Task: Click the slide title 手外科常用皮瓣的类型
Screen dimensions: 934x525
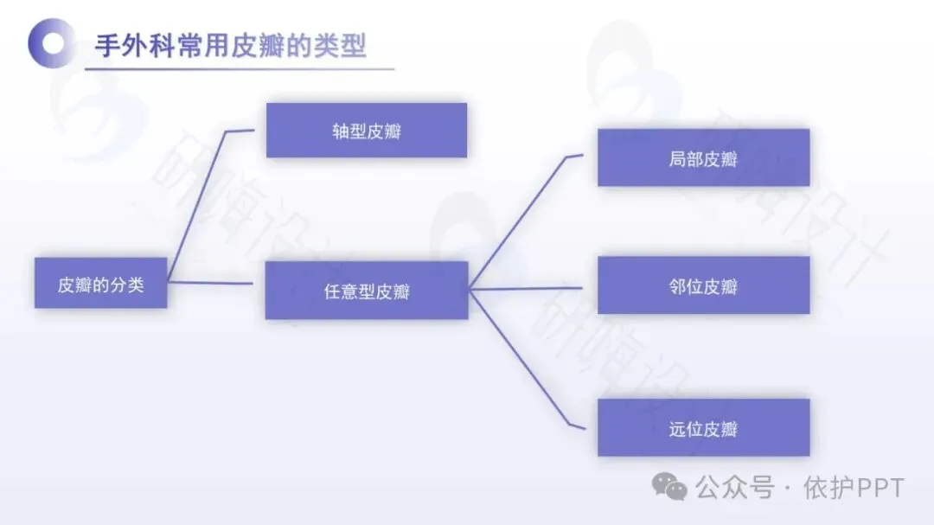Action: point(230,45)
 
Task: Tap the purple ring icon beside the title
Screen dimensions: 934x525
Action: point(51,43)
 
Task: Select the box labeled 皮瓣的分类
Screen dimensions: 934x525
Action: point(100,284)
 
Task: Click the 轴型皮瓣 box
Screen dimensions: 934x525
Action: point(367,131)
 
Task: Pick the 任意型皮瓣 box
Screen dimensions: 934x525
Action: point(367,291)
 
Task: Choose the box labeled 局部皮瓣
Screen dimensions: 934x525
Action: point(703,158)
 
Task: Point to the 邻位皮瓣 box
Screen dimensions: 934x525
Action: point(703,285)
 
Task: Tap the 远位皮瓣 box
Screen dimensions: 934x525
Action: point(703,427)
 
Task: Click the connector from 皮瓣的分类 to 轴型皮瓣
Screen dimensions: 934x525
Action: point(197,205)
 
